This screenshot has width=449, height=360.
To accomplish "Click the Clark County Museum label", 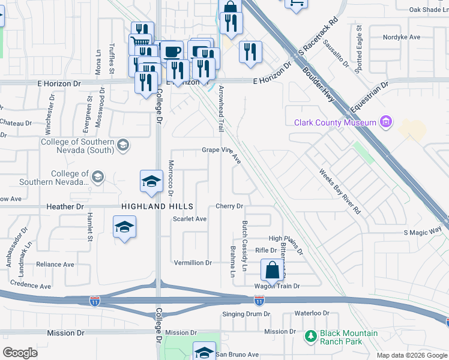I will [x=335, y=123].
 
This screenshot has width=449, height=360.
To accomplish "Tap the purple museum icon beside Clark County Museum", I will [x=386, y=123].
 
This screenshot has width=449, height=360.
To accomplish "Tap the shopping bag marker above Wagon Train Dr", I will [x=272, y=270].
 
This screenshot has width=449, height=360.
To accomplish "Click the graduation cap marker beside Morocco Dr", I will [x=151, y=182].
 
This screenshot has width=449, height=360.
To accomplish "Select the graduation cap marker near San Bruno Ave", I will [x=204, y=351].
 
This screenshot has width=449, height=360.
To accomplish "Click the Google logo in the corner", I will [x=20, y=353].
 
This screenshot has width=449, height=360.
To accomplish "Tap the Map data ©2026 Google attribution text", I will [x=411, y=355].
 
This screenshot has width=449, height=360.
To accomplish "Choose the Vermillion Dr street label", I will [x=193, y=263].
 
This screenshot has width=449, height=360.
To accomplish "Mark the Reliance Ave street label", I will [x=55, y=264].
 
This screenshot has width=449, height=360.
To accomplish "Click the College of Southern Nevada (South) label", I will [x=77, y=146].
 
